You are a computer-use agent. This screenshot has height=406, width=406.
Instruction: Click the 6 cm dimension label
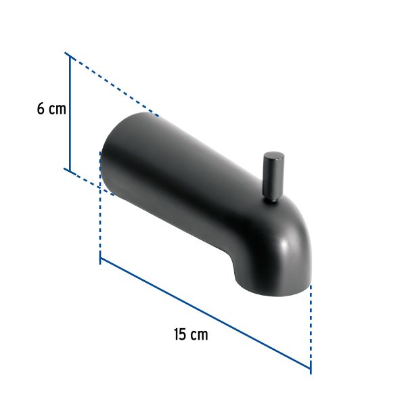click(x=51, y=108)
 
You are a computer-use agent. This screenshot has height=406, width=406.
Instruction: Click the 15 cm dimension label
click(x=190, y=334)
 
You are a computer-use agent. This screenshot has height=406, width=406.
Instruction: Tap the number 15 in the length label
click(x=179, y=334)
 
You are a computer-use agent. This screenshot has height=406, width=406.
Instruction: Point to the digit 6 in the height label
click(x=41, y=108)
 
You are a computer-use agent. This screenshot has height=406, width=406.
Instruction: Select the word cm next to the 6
click(x=58, y=109)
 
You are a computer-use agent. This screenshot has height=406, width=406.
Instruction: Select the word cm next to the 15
click(x=199, y=334)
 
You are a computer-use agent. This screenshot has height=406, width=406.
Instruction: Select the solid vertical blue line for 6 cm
click(x=68, y=112)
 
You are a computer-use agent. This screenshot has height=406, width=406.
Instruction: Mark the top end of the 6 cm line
click(x=68, y=53)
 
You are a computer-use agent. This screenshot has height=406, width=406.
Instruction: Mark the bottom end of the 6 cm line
click(x=68, y=169)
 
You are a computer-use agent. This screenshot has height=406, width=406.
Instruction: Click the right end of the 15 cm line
click(x=311, y=370)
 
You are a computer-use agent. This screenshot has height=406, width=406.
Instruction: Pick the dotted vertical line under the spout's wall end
click(x=100, y=217)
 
